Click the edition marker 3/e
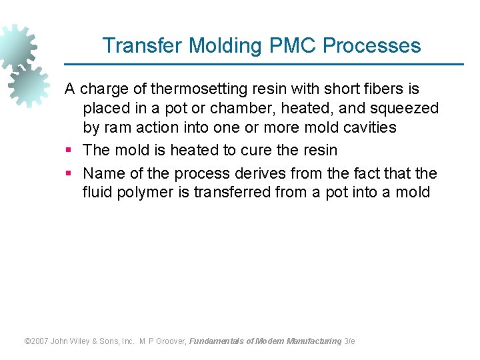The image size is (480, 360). (x=349, y=341)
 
